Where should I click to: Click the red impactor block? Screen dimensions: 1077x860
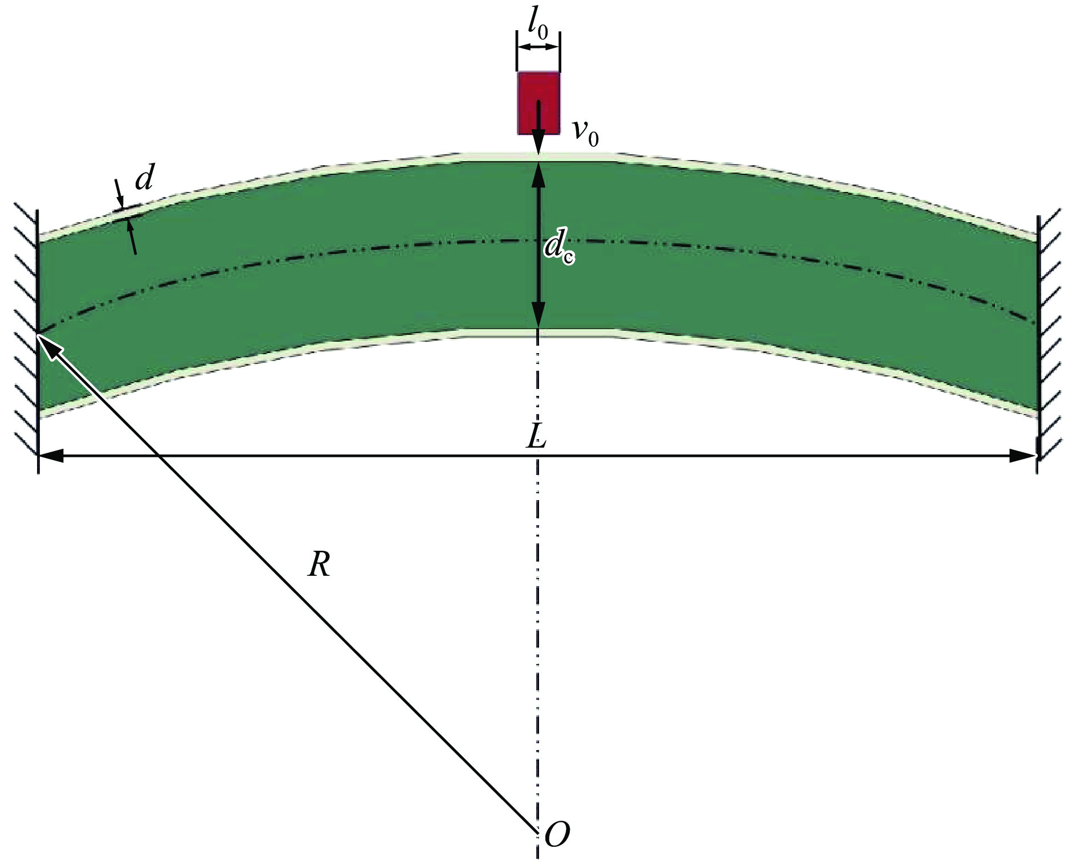538,103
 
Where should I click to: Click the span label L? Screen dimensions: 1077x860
536,437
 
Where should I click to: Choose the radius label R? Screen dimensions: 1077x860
319,565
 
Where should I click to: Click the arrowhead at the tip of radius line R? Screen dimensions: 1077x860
47,343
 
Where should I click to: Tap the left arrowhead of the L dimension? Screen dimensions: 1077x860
50,456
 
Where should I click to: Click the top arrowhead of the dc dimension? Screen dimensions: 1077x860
538,175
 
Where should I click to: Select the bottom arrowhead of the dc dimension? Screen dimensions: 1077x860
538,316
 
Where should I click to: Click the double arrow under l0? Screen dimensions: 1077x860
538,47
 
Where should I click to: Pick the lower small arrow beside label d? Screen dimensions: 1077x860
132,236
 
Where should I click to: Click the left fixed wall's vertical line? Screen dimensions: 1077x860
38,342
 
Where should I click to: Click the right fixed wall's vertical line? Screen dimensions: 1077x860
1038,344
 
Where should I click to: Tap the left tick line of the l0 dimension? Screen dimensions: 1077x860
517,51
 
